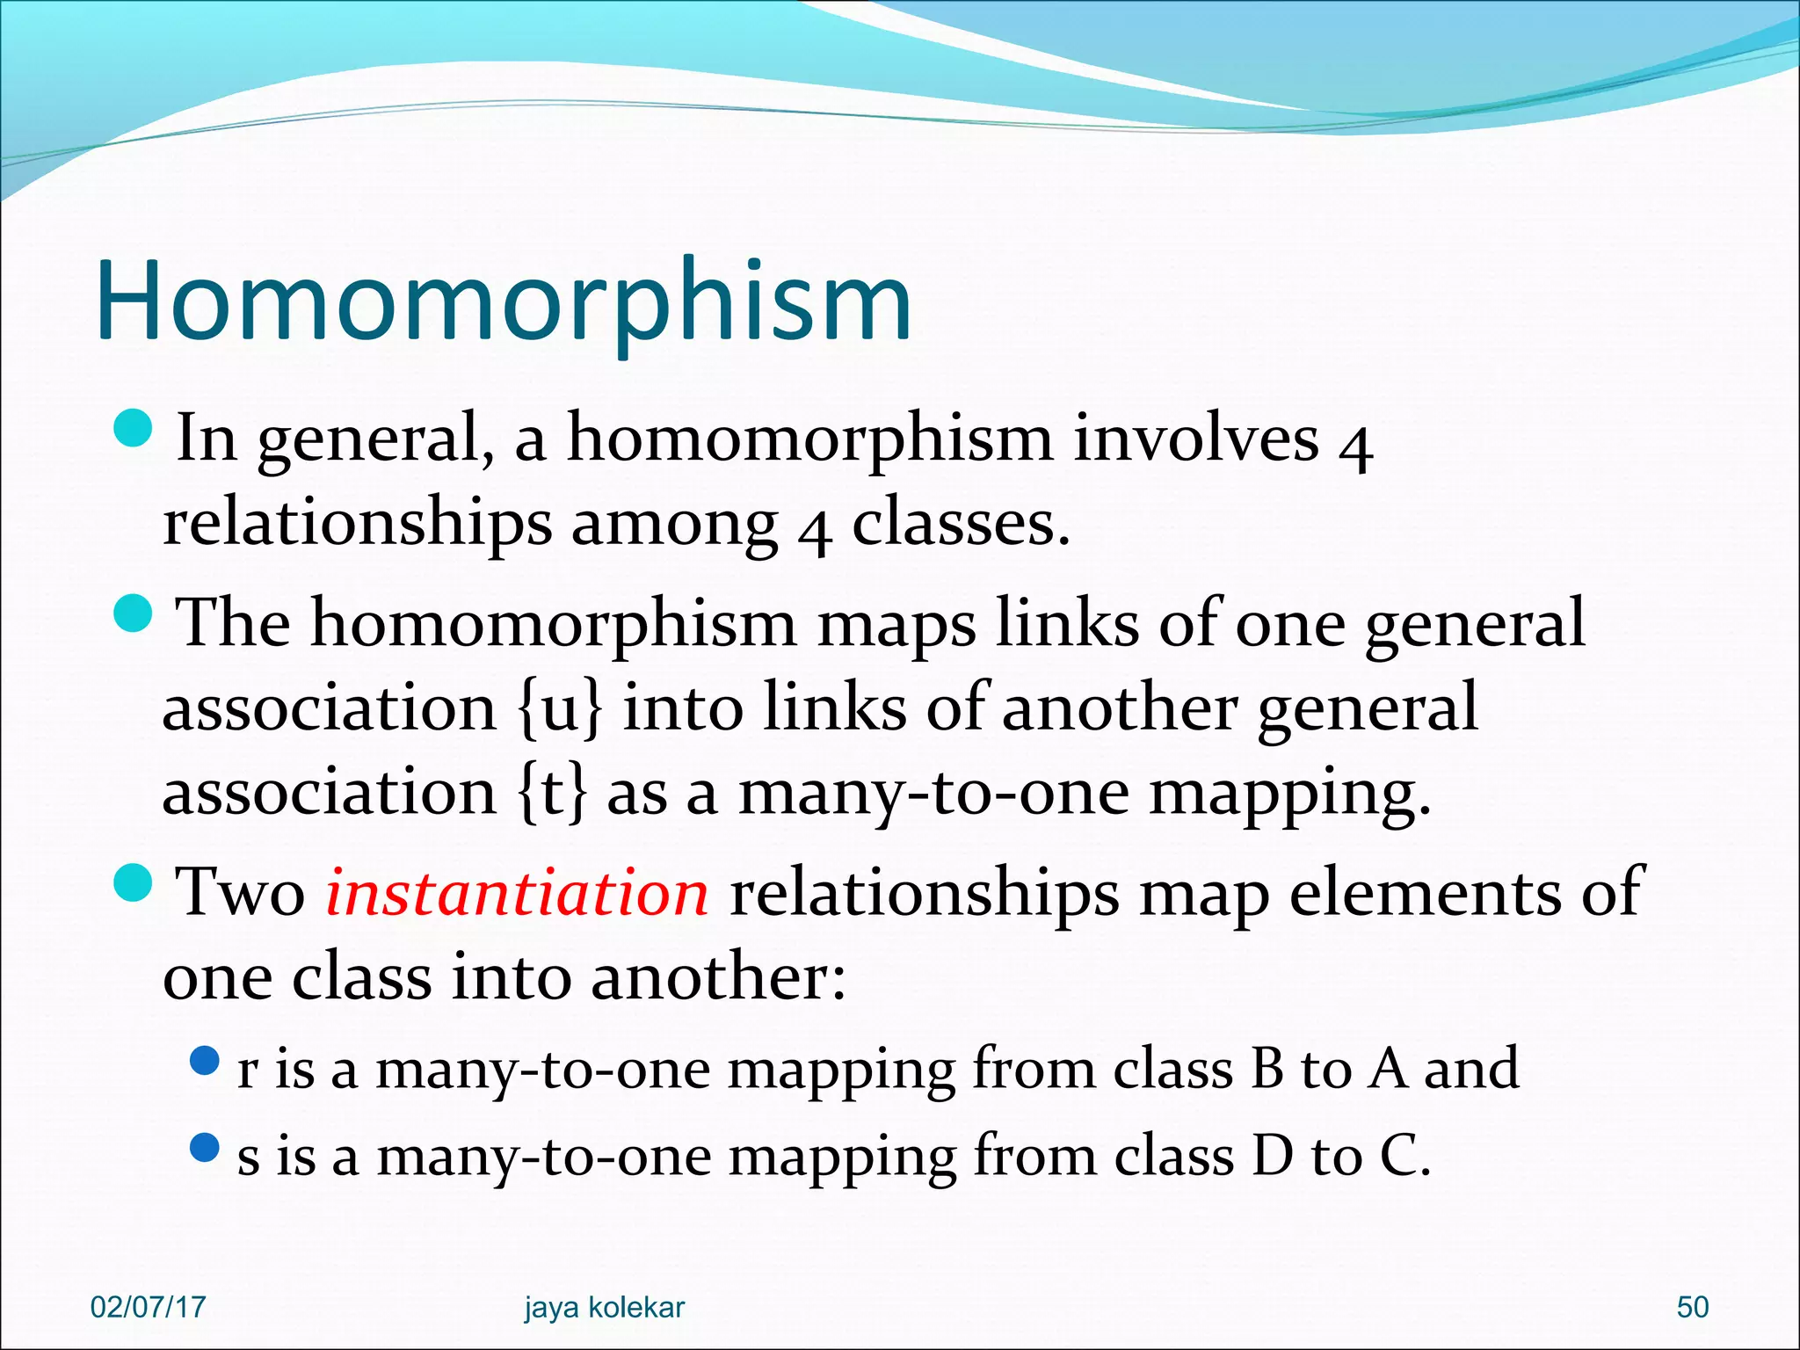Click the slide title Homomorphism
pos(503,301)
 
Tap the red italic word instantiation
pos(517,892)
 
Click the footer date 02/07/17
pos(148,1307)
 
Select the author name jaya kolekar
pos(604,1307)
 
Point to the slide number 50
pos(1692,1307)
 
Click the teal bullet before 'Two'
pos(134,882)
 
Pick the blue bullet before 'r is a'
pos(204,1061)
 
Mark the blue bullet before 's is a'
pos(204,1147)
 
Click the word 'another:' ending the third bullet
pos(718,977)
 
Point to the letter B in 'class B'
pos(1267,1069)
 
